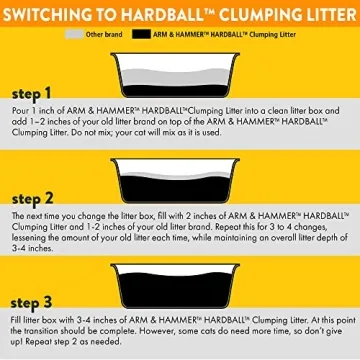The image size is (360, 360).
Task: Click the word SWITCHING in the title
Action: pos(51,13)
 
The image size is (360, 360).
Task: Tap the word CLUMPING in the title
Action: pos(254,13)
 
